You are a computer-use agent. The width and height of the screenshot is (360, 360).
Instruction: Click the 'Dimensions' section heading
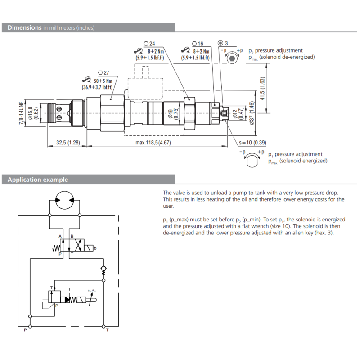coord(25,27)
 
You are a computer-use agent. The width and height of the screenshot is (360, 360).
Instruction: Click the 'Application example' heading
coord(38,180)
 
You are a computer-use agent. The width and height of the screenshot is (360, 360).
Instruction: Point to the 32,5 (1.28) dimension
coord(68,143)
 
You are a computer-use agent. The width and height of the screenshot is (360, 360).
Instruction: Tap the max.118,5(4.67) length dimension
coord(153,143)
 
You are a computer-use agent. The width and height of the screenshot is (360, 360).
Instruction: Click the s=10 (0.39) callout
coord(252,143)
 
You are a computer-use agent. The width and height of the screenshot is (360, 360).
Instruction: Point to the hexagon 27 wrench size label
coord(103,72)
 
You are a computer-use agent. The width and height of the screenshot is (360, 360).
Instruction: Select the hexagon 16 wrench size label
coord(198,44)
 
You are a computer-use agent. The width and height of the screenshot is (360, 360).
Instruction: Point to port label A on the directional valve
coord(60,236)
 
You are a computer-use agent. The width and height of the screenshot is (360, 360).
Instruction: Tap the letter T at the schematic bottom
coord(107,330)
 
